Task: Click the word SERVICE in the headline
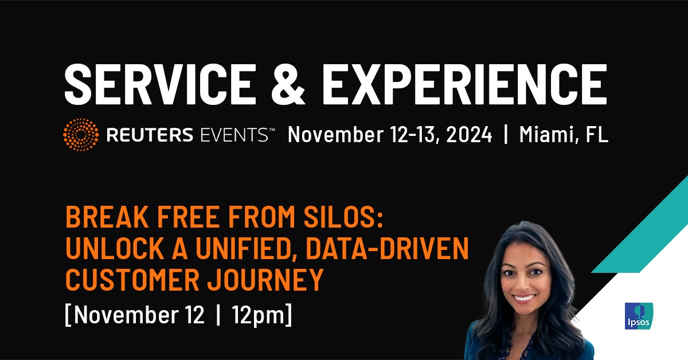[161, 84]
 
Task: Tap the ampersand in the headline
[288, 84]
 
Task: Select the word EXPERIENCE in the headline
[464, 84]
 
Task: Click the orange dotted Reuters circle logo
[81, 135]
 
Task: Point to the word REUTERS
[150, 135]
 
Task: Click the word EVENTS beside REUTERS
[234, 135]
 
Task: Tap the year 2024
[469, 135]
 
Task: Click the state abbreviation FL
[597, 135]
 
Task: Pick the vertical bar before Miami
[506, 135]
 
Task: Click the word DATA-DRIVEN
[388, 248]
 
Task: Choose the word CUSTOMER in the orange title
[132, 280]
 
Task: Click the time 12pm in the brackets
[259, 315]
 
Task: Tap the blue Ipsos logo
[639, 316]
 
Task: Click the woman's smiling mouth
[525, 298]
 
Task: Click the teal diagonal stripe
[639, 224]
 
